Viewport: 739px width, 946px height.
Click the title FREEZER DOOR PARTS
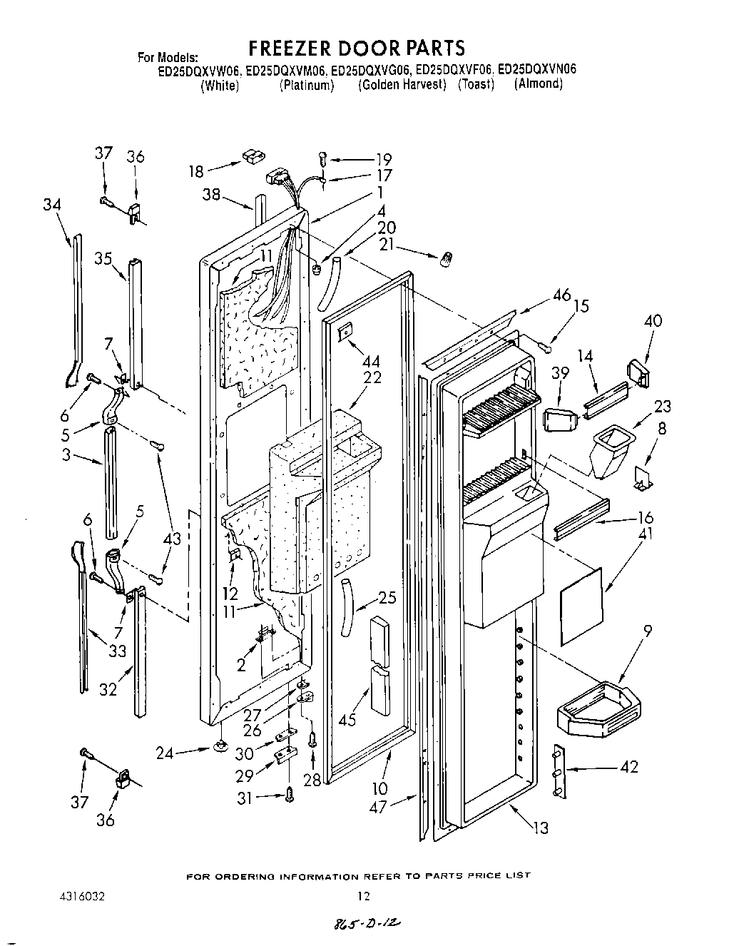[356, 48]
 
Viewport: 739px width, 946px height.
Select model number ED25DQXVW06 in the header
[200, 70]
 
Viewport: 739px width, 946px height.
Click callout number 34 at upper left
[51, 205]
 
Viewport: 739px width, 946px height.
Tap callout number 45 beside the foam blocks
[347, 720]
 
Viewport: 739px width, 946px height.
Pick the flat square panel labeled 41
[581, 594]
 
